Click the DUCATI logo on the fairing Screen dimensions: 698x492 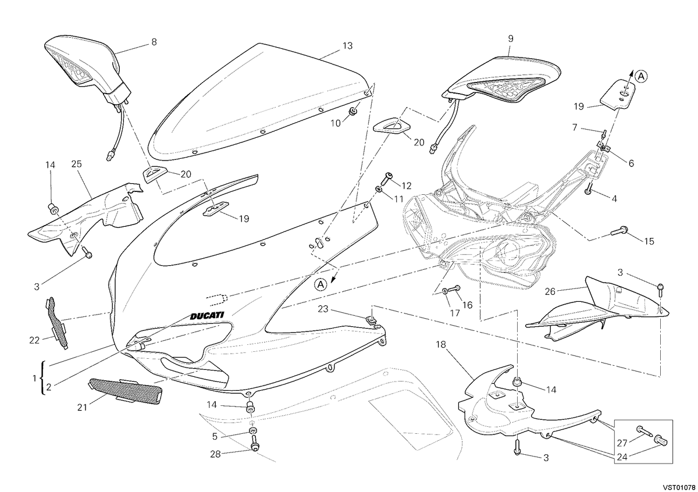point(207,315)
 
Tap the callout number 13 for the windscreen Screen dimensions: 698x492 point(347,46)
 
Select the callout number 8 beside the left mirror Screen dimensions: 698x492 point(154,42)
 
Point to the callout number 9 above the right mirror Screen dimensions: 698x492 point(511,38)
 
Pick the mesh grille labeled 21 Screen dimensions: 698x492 point(125,391)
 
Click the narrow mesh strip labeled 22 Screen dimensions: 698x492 point(58,323)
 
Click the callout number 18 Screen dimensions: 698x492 point(441,345)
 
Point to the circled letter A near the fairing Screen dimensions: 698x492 point(320,284)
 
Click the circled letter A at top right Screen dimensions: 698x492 point(641,76)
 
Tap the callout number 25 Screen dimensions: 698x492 point(76,163)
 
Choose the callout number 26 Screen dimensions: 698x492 point(550,291)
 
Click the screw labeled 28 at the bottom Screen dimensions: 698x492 point(255,443)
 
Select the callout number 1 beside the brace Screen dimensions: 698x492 point(34,379)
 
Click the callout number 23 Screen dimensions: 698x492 point(323,309)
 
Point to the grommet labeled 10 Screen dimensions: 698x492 point(352,111)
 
